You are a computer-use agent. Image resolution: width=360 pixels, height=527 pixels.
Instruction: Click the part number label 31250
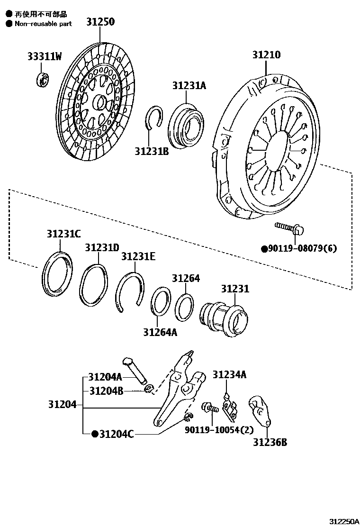tap(100, 22)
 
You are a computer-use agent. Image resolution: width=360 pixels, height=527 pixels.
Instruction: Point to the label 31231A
tap(189, 86)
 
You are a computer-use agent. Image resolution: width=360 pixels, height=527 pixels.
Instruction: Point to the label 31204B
tap(106, 391)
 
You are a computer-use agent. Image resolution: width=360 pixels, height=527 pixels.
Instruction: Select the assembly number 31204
tap(62, 405)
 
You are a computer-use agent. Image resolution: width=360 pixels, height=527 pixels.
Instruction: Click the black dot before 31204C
tap(95, 433)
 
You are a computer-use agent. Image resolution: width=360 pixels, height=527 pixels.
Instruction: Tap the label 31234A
tap(229, 375)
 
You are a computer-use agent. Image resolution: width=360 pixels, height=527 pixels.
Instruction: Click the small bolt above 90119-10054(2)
tap(209, 408)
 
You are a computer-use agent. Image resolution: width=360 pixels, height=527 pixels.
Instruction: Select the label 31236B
tap(270, 443)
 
